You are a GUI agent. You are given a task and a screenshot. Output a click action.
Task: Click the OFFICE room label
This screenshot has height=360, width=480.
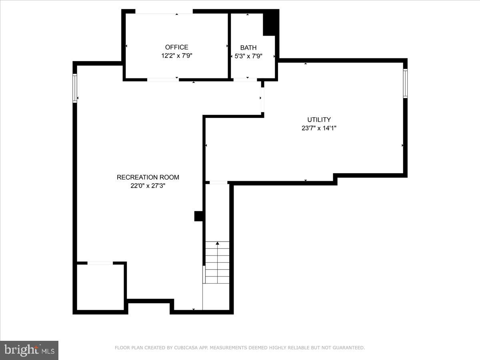point(176,47)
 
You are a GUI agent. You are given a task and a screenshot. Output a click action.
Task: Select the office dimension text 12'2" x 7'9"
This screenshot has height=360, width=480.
point(176,56)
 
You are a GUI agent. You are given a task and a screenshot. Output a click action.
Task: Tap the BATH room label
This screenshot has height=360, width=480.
point(248,48)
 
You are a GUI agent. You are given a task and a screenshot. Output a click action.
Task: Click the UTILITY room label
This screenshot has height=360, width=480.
point(319,120)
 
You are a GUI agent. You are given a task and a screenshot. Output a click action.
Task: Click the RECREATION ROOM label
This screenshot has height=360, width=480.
point(148,177)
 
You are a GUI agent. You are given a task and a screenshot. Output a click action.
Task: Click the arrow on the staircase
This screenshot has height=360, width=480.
point(218,243)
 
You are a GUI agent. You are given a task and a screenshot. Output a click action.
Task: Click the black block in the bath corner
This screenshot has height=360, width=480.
point(270,23)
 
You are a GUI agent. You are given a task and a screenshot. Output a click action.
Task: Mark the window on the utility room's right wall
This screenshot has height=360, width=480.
point(405,83)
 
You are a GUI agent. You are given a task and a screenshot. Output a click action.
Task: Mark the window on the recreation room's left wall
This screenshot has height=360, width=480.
point(75,88)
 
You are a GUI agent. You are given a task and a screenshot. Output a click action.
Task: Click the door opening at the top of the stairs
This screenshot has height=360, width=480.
point(218,183)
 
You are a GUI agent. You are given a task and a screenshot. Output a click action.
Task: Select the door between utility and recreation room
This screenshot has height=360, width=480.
point(262,98)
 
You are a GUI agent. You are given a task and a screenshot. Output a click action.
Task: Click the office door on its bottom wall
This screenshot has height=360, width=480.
point(163,80)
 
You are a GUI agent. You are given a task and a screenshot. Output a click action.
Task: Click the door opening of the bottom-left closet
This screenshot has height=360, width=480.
point(100,263)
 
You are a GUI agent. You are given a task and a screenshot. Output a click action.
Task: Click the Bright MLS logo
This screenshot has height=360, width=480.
point(29,350)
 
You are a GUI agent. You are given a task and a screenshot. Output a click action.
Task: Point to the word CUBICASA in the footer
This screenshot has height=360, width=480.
point(184,348)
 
